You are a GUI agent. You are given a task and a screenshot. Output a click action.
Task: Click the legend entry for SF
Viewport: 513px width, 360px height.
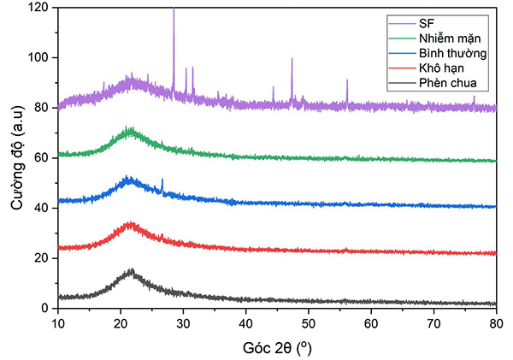[426, 24]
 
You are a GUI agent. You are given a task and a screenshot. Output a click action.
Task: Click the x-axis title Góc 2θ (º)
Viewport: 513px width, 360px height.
[276, 346]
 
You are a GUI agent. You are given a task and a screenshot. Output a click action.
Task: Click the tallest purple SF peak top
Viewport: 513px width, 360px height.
[174, 9]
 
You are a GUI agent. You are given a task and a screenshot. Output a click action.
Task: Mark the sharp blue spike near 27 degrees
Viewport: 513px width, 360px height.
[162, 180]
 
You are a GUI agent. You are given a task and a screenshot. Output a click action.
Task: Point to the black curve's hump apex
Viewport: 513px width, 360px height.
[131, 270]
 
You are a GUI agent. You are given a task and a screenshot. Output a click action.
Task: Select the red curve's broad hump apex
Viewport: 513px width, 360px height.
[131, 223]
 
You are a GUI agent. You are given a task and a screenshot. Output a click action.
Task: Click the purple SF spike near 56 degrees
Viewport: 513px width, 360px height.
[347, 80]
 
